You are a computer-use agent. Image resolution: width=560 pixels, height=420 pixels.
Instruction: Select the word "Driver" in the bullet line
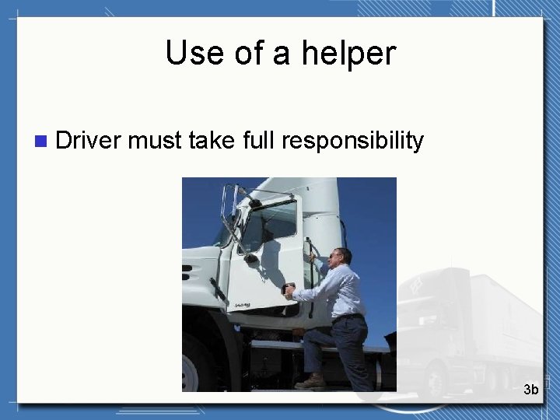pos(89,141)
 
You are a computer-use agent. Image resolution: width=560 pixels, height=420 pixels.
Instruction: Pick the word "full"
pos(258,141)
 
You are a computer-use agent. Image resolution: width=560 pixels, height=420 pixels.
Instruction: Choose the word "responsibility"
pos(352,141)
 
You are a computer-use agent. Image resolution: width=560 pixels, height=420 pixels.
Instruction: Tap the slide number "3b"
pos(530,389)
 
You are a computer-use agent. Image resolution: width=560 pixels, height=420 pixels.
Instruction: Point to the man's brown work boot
pos(312,382)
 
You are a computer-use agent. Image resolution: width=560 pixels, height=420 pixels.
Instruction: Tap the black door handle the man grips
pos(289,289)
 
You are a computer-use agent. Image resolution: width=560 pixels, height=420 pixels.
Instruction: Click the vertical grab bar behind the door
pos(310,272)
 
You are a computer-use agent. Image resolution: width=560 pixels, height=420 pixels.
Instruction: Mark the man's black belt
pos(348,317)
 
